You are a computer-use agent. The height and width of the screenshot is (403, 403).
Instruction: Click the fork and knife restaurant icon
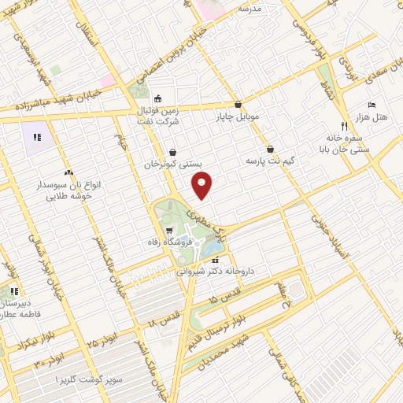point(343,125)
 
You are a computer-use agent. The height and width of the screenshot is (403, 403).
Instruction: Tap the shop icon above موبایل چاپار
point(238,104)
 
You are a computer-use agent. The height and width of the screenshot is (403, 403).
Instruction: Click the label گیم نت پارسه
point(271,160)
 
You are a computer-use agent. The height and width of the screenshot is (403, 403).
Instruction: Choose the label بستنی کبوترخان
point(173,165)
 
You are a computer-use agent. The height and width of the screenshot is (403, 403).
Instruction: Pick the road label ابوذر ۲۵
point(103,339)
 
